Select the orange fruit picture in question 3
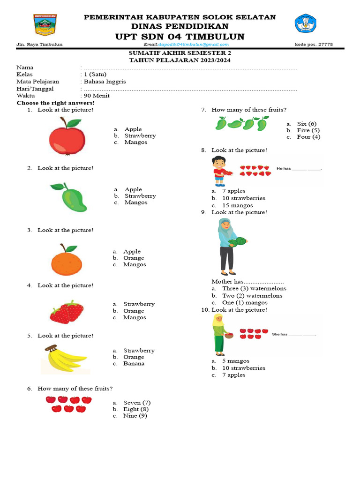(67, 260)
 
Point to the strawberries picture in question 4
(67, 312)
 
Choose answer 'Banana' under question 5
(134, 363)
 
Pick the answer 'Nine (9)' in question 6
(135, 415)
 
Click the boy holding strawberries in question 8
(220, 171)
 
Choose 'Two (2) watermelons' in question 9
(252, 296)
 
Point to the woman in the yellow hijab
(219, 333)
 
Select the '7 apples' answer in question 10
(233, 375)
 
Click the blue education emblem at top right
(306, 24)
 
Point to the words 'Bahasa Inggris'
(105, 82)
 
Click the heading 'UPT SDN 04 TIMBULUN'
(180, 37)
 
